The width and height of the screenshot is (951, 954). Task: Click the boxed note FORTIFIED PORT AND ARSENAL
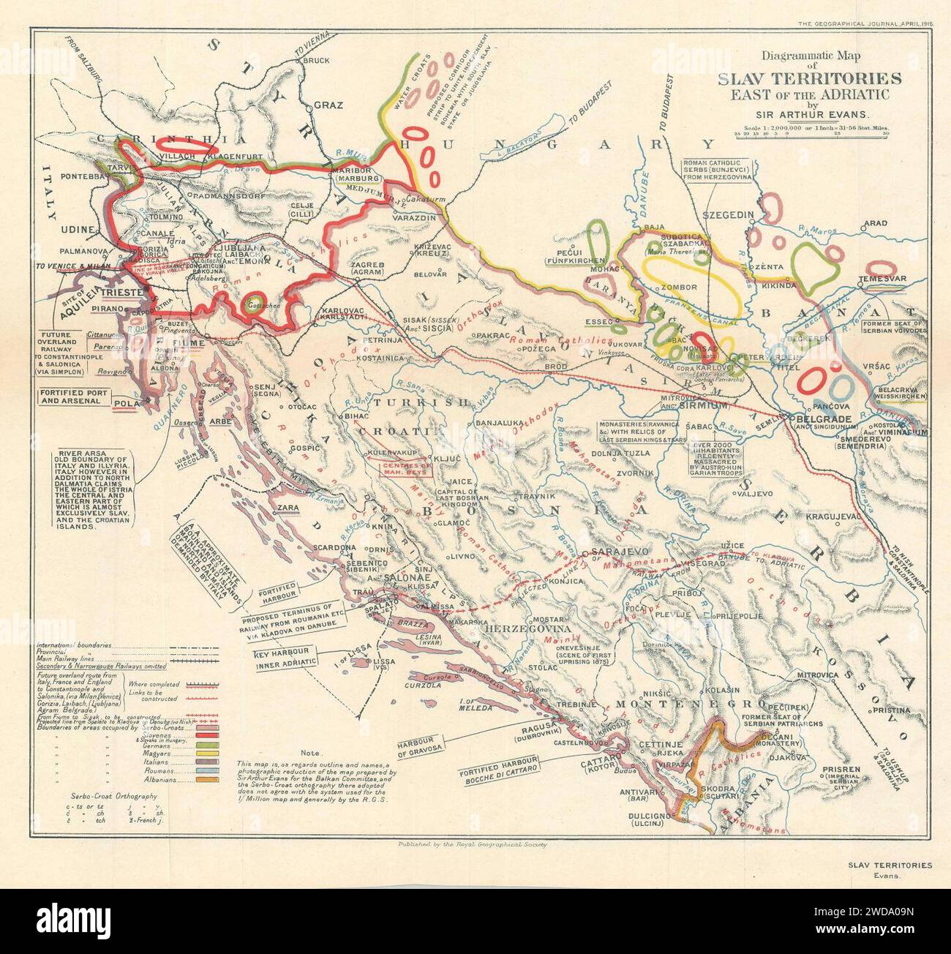75,398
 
